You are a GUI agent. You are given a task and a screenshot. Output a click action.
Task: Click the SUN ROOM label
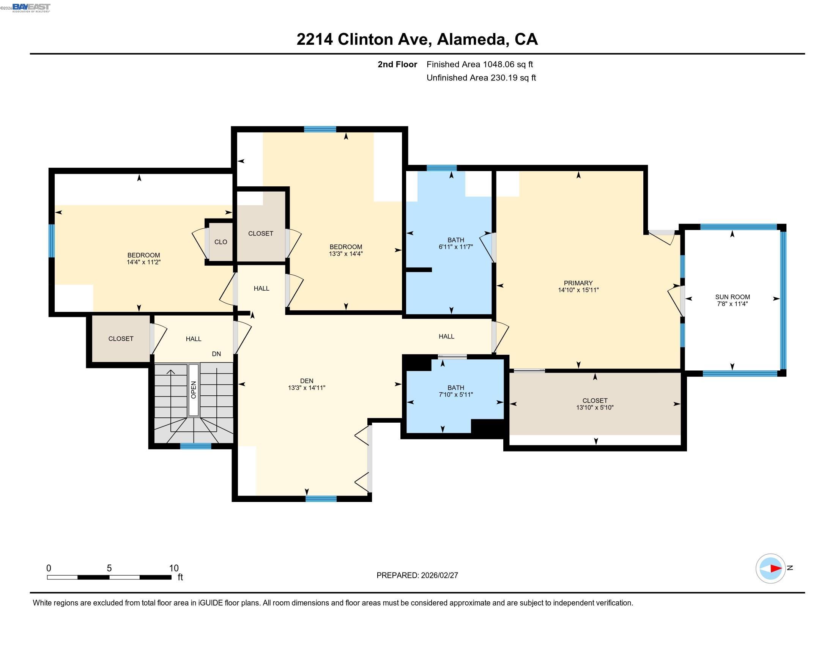tap(732, 297)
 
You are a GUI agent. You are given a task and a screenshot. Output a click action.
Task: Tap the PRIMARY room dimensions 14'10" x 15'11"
tap(578, 290)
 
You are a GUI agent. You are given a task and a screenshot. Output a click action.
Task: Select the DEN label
tap(307, 381)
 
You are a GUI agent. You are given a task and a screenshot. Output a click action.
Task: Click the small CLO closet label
tap(221, 242)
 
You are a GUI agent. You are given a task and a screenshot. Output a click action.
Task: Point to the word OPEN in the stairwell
tap(194, 389)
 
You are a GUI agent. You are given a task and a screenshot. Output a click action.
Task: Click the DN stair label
tap(216, 354)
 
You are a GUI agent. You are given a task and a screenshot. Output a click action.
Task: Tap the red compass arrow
tap(775, 568)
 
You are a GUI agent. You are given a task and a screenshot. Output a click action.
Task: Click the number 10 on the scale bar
tap(174, 568)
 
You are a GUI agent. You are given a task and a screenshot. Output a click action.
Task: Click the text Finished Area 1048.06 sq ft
tap(479, 64)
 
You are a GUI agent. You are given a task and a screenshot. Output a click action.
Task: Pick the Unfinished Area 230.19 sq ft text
tap(481, 77)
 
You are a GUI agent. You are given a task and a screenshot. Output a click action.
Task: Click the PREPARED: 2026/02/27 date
tap(417, 575)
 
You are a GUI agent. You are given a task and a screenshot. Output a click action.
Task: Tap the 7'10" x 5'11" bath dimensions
tap(456, 394)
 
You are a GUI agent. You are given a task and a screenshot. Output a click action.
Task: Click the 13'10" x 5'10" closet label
tap(594, 407)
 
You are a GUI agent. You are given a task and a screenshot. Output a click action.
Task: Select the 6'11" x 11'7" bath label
tap(456, 247)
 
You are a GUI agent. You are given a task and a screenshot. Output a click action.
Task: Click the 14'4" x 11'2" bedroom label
tap(143, 262)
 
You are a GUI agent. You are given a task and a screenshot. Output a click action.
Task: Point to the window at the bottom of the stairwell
tap(195, 446)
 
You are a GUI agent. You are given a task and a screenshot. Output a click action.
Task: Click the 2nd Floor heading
tap(397, 64)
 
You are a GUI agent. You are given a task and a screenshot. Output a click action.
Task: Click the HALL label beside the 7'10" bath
tap(446, 336)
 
